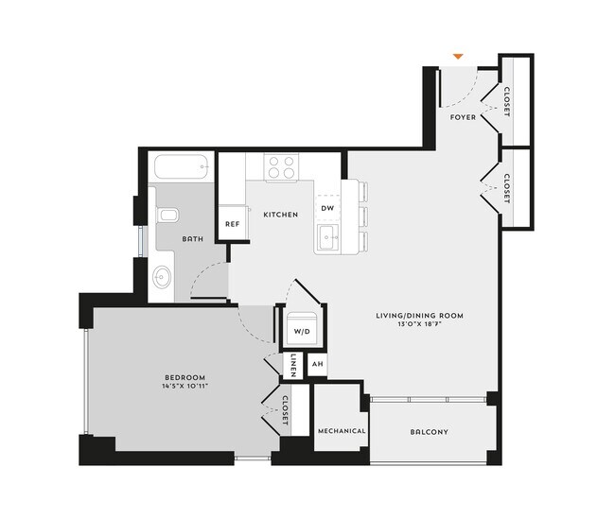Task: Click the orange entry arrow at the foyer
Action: point(459,57)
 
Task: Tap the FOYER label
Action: point(463,117)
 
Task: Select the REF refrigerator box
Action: point(232,225)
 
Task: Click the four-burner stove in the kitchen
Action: point(280,167)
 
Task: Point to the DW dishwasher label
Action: point(327,208)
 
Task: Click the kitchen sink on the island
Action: point(327,237)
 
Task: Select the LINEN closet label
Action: point(294,365)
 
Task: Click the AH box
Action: point(318,365)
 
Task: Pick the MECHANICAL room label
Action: point(341,431)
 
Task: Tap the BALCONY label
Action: point(429,432)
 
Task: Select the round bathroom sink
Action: point(163,279)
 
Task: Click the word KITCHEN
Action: point(280,215)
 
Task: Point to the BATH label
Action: point(193,238)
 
